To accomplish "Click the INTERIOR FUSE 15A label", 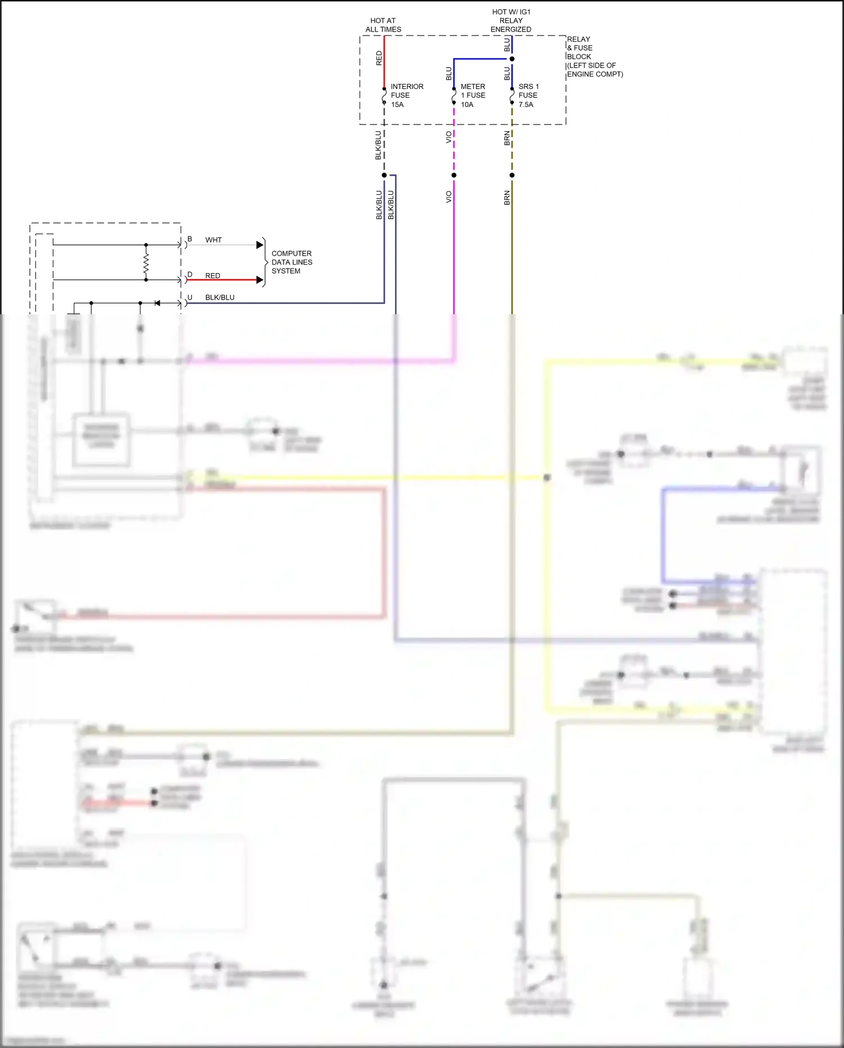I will pos(406,96).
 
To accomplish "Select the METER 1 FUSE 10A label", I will pos(472,96).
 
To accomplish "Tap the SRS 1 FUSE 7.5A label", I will pos(528,96).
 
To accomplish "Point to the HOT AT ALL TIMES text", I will pos(383,25).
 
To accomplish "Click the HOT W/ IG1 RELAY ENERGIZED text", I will pos(511,21).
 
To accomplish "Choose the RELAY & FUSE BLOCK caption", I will pos(594,56).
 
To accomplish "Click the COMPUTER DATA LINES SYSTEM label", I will pos(291,262).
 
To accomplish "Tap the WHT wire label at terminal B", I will pos(213,240).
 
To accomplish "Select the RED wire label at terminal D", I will pos(213,275).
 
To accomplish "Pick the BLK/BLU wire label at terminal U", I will pos(219,297).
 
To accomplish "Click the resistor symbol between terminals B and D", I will pos(146,262).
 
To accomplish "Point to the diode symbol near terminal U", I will pos(158,303).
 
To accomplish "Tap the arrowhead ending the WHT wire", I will pos(260,245).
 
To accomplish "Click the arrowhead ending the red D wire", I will pos(260,280).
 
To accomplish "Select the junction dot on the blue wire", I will pos(511,59).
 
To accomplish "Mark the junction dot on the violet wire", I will pos(454,175).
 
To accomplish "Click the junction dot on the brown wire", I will pos(511,175).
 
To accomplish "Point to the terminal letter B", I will pos(190,239).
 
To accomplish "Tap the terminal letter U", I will pos(190,297).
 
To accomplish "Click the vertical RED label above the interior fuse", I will pos(379,58).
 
